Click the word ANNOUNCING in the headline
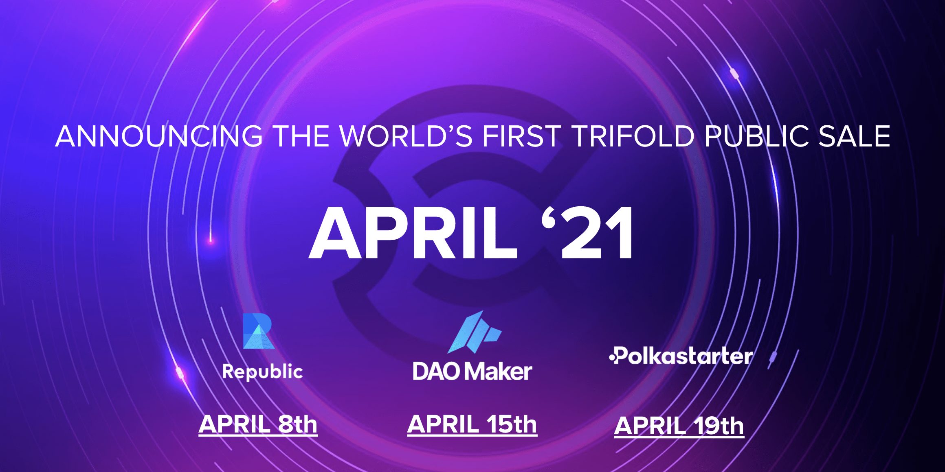pyautogui.click(x=159, y=136)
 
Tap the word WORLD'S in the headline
pyautogui.click(x=406, y=136)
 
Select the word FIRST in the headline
pyautogui.click(x=522, y=136)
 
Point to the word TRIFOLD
pyautogui.click(x=633, y=136)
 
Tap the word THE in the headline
pyautogui.click(x=302, y=136)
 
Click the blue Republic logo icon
pyautogui.click(x=258, y=331)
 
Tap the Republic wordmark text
pyautogui.click(x=262, y=372)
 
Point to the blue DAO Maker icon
pyautogui.click(x=475, y=332)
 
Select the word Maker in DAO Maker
pyautogui.click(x=498, y=371)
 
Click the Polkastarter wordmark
pyautogui.click(x=681, y=356)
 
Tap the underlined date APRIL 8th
pyautogui.click(x=258, y=425)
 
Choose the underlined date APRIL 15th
pyautogui.click(x=472, y=425)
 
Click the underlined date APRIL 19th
pyautogui.click(x=679, y=426)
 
